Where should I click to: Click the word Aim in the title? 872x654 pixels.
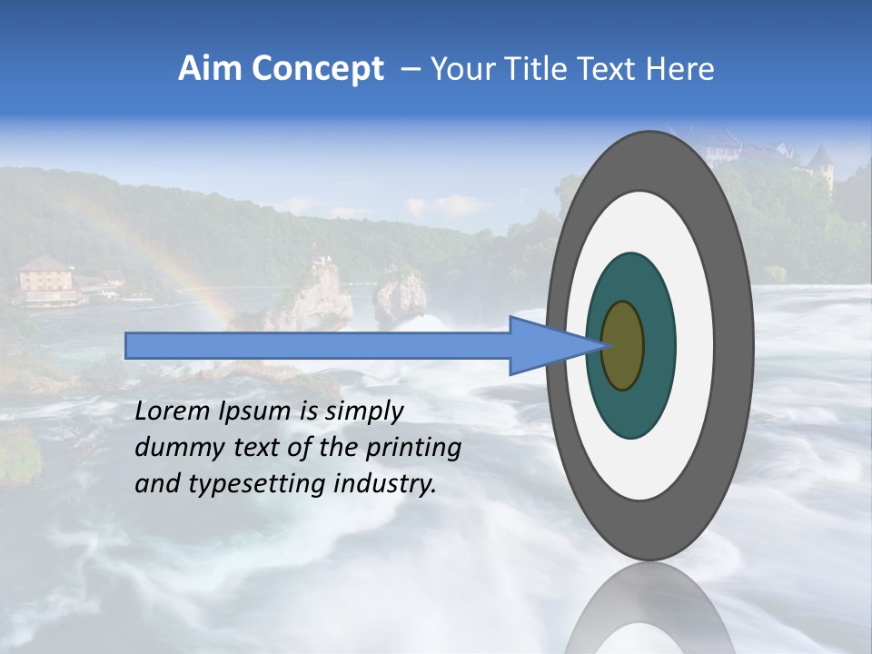point(210,69)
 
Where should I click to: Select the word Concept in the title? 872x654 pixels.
point(317,69)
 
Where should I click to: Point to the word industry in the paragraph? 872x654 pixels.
point(381,484)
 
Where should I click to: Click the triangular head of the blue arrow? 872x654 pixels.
point(545,345)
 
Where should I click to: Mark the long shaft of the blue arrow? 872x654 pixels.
point(318,345)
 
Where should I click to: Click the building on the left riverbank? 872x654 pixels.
point(45,278)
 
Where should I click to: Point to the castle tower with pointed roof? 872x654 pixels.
point(821,163)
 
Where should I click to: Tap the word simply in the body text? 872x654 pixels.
point(363,411)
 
